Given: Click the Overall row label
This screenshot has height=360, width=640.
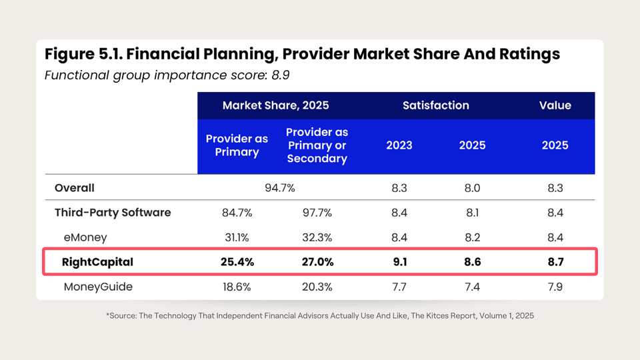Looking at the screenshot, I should coord(75,188).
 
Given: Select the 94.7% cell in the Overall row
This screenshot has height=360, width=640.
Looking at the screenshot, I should coord(280,188).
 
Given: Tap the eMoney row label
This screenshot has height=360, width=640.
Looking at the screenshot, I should coord(85,237).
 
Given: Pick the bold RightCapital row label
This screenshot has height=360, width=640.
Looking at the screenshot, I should coord(97,262).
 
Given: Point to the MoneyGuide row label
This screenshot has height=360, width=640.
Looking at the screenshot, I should coord(98,287).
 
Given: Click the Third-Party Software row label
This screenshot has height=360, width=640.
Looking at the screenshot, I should coord(113,213).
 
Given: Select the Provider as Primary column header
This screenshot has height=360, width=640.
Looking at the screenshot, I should coord(237,145).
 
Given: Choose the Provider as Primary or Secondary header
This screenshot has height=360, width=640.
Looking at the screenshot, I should coord(317,145).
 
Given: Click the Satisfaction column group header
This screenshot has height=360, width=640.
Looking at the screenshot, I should coord(435,105).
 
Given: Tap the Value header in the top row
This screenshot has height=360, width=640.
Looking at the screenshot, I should coord(555,105).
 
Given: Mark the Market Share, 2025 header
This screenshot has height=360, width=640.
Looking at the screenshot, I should coord(275,105).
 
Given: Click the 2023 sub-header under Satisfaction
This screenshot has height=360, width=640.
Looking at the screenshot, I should coord(399,145).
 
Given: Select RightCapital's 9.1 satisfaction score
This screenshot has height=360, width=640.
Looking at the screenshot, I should coord(399,262).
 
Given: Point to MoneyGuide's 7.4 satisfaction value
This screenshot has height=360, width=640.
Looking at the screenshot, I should coord(472,287).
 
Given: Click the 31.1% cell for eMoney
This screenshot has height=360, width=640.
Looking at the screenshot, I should coord(237,237).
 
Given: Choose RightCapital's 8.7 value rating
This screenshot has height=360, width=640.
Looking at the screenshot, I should coord(555,262).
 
